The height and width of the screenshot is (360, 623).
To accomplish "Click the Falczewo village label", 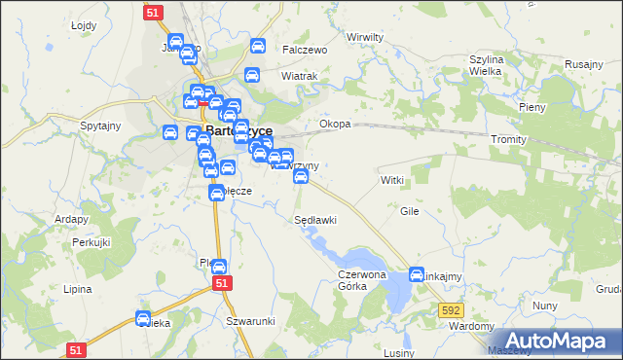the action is click(x=305, y=50).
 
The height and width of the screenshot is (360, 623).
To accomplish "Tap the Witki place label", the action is click(x=391, y=181).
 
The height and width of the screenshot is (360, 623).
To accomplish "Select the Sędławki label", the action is click(x=315, y=220).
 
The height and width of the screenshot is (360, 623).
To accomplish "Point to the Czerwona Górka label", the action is click(x=362, y=281).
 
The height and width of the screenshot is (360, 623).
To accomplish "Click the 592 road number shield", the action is click(x=450, y=310).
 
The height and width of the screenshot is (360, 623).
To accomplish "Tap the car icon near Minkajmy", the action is click(x=417, y=274).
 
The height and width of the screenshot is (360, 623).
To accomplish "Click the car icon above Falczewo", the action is click(x=258, y=46).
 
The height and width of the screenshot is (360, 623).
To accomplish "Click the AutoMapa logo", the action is click(x=559, y=341).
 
